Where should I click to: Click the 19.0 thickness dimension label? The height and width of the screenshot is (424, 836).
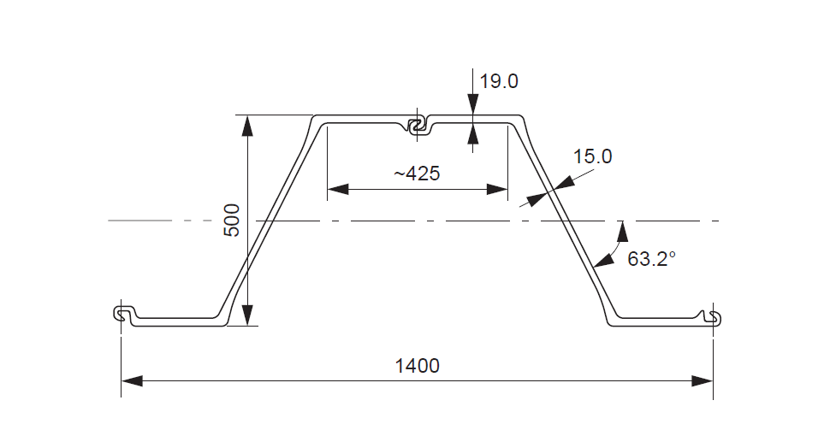click(499, 82)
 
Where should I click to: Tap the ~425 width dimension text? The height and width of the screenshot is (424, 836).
click(417, 174)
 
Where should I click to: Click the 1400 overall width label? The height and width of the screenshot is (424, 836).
click(417, 366)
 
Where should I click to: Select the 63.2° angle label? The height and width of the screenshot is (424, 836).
click(652, 258)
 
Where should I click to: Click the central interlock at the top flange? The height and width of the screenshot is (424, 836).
click(418, 126)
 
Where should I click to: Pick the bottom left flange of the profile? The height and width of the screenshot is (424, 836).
click(175, 321)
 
